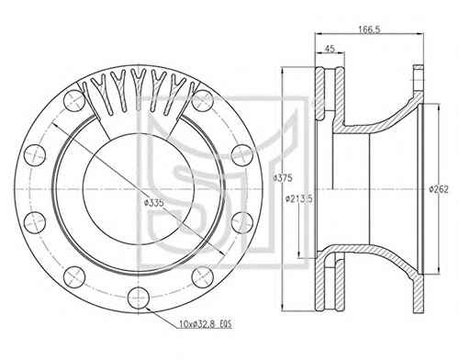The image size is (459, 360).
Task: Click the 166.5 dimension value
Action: pyautogui.click(x=369, y=29)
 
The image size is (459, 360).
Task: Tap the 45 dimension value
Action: pyautogui.click(x=330, y=49)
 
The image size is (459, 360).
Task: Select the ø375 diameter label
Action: pyautogui.click(x=283, y=178)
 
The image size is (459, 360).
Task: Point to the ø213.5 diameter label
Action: pyautogui.click(x=298, y=199)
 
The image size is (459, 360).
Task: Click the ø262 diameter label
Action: pyautogui.click(x=439, y=190)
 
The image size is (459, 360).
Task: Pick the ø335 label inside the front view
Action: pyautogui.click(x=154, y=202)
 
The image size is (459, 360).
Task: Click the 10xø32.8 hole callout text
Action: pyautogui.click(x=206, y=324)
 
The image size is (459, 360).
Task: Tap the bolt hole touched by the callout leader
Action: pyautogui.click(x=139, y=298)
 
